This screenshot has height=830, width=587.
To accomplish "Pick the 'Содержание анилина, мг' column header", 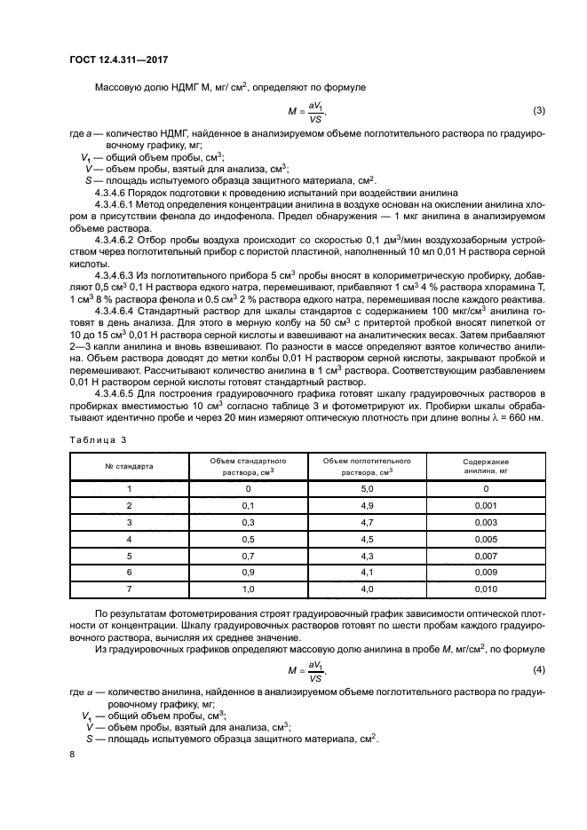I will coord(486,467).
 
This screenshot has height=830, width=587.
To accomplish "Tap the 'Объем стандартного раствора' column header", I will coord(249,467).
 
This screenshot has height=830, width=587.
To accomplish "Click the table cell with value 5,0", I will coord(366,489).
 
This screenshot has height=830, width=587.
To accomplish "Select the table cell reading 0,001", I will coord(486,505).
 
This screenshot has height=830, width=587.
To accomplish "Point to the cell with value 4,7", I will coord(366,522).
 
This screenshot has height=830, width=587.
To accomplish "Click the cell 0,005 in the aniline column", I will coord(486,539).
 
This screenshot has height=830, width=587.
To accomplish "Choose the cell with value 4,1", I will coord(366,573).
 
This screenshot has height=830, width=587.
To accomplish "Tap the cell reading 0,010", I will coord(486,589).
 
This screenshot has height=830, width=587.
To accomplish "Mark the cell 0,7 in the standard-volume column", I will coord(249,556).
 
